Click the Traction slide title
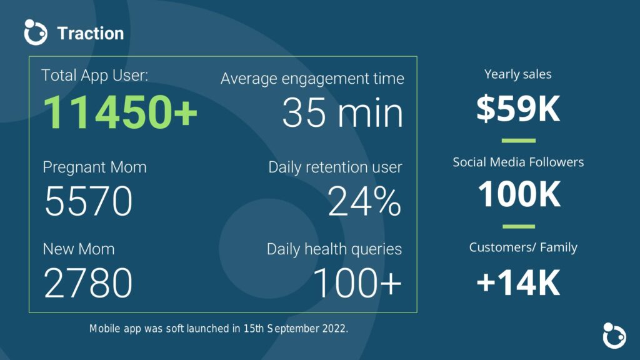[x=91, y=34]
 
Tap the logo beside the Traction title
[x=36, y=32]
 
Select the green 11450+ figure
[x=120, y=112]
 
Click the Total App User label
[x=95, y=76]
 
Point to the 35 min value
[x=342, y=112]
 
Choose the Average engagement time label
[x=312, y=78]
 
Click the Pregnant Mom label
[x=95, y=167]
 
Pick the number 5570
[x=89, y=201]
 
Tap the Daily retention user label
[x=335, y=167]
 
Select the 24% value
[x=364, y=201]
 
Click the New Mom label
[x=79, y=249]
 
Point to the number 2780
[x=88, y=282]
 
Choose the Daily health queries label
[x=334, y=249]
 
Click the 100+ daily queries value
[x=357, y=282]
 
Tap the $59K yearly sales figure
[x=518, y=109]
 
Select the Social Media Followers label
[x=518, y=162]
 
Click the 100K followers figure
[x=519, y=194]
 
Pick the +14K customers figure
[x=518, y=282]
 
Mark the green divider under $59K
[x=518, y=141]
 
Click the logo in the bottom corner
[x=614, y=336]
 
